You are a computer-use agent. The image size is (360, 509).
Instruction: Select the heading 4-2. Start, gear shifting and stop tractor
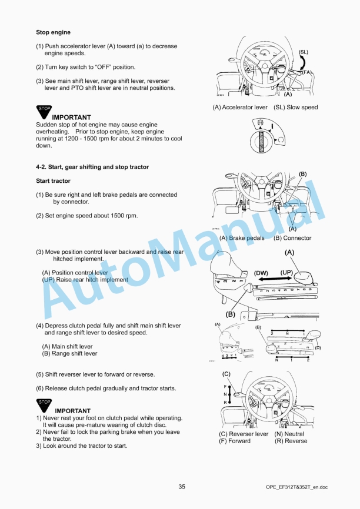92,167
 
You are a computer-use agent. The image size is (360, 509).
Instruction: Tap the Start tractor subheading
53,181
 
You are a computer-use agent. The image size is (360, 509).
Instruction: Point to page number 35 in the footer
182,486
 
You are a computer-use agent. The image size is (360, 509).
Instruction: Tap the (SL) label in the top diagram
304,52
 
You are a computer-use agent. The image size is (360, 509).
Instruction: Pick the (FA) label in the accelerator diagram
307,72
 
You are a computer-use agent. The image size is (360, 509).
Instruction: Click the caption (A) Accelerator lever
240,108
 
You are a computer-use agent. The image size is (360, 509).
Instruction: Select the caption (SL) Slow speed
295,108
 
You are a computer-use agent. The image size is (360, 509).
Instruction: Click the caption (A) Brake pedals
242,238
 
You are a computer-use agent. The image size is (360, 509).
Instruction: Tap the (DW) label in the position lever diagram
261,273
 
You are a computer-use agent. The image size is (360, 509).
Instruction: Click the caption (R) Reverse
291,441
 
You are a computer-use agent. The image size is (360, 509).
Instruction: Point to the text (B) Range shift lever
69,354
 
